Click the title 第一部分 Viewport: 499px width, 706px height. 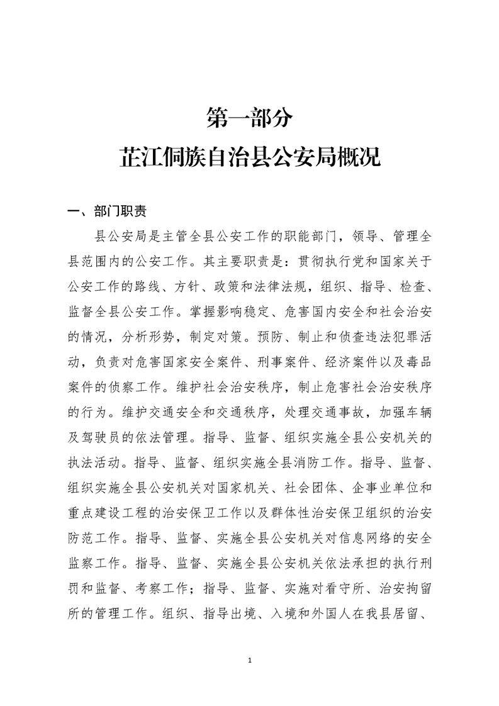pyautogui.click(x=249, y=117)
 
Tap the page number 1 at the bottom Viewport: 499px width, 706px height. pyautogui.click(x=250, y=661)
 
